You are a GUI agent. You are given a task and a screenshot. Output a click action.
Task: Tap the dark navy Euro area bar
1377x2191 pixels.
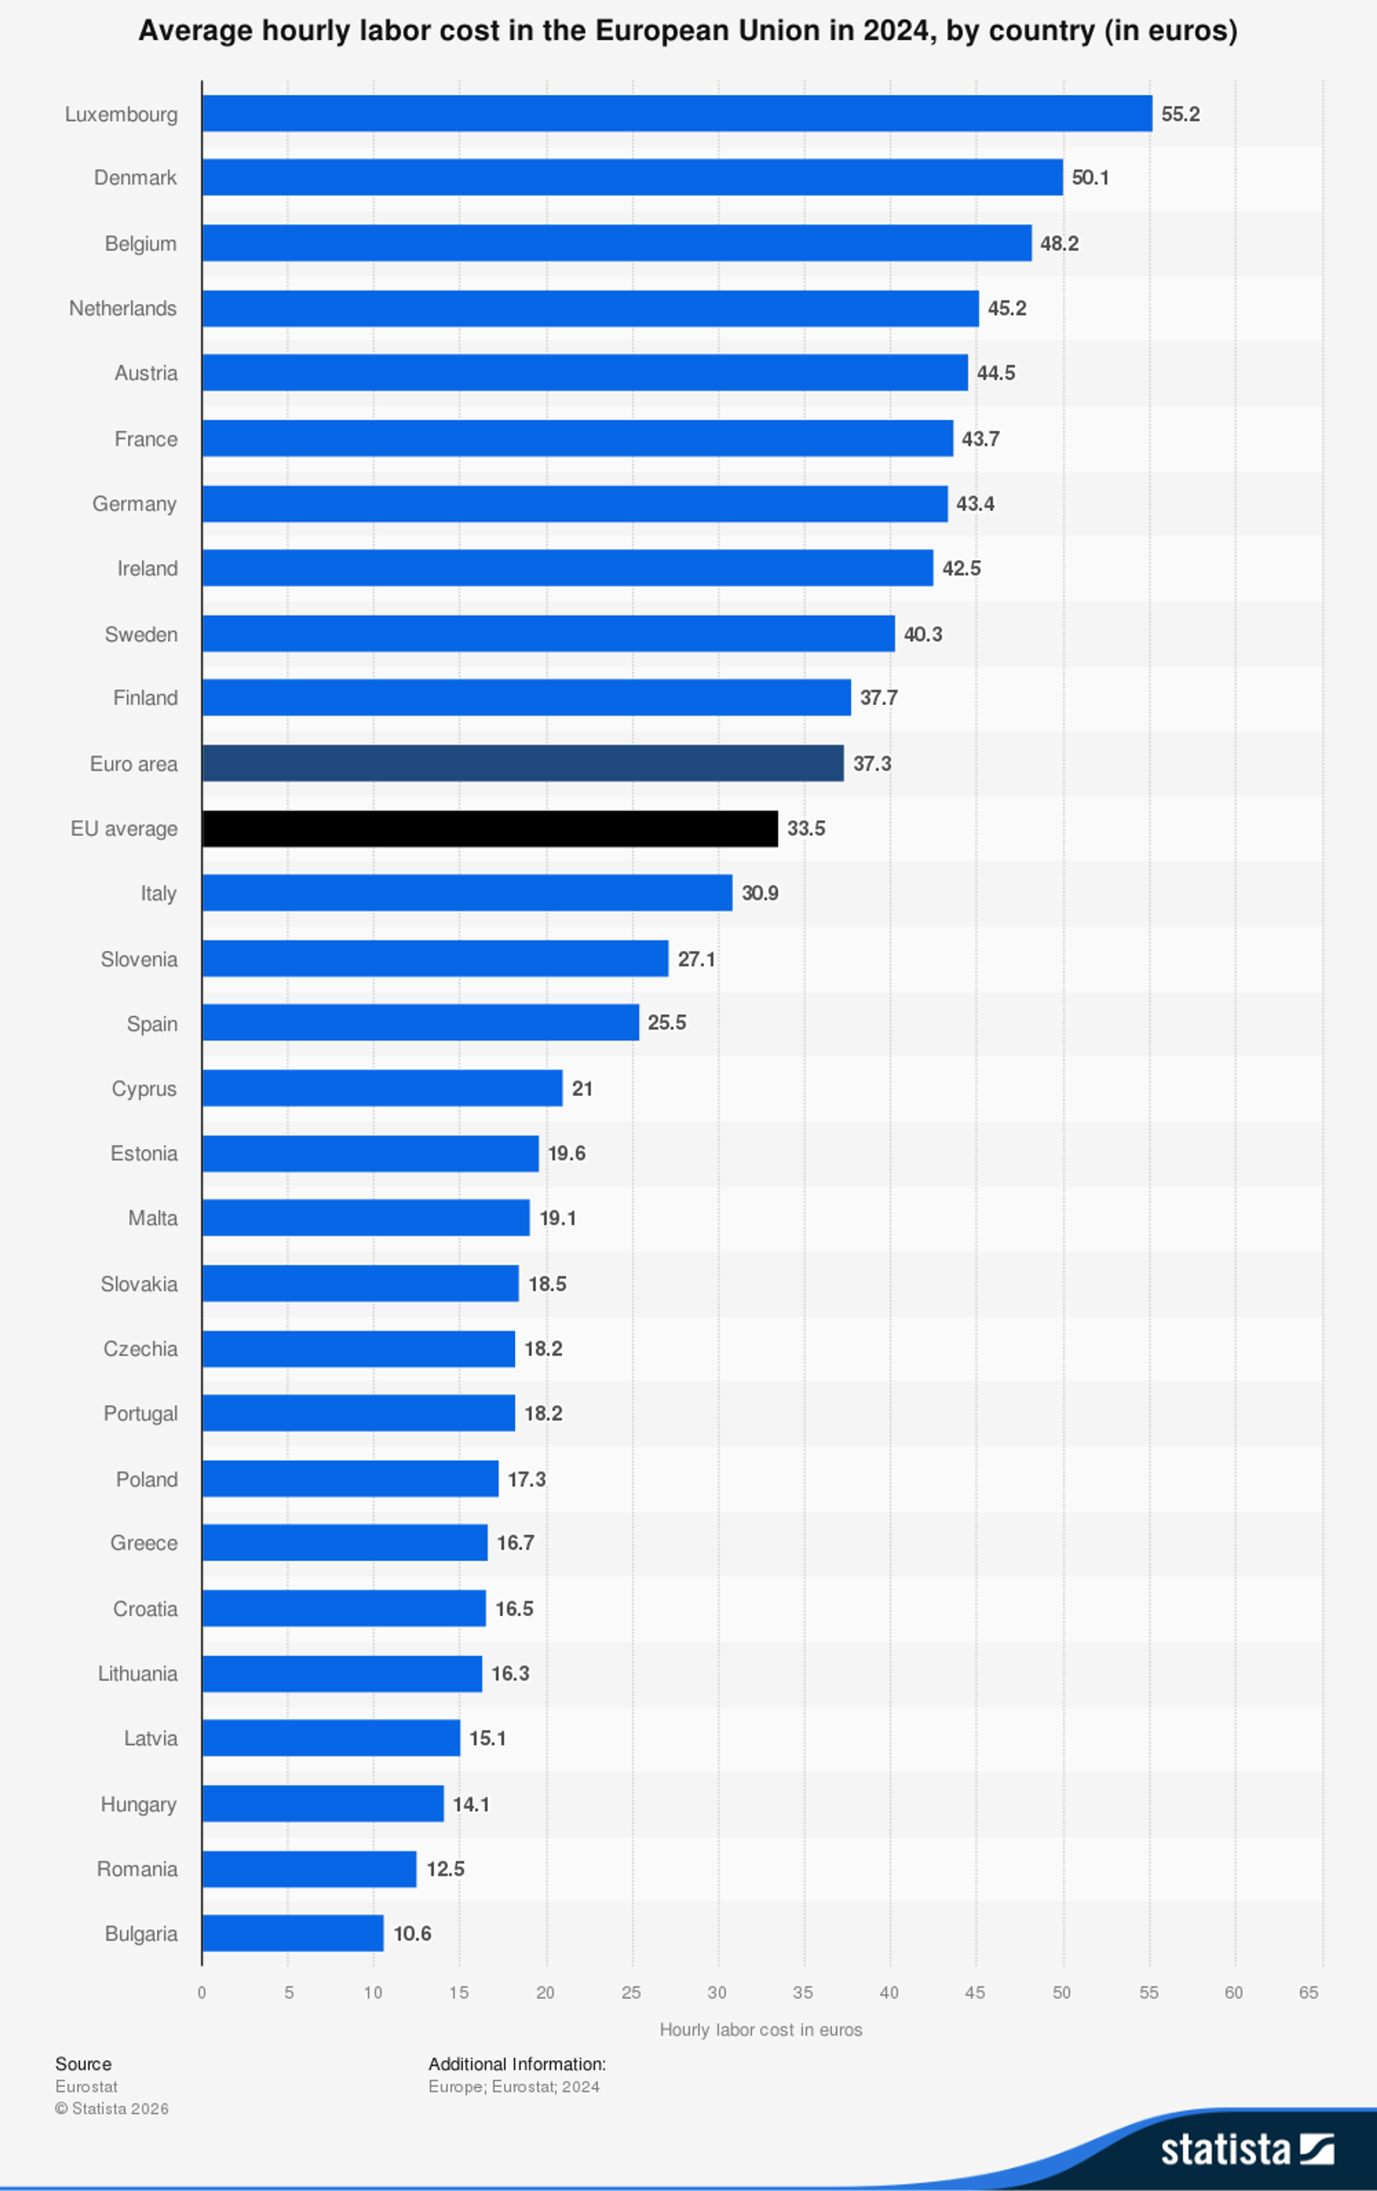522,763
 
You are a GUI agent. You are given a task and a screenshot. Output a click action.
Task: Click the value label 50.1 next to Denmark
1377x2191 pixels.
1089,177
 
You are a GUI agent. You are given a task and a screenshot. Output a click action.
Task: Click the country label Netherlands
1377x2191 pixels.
123,309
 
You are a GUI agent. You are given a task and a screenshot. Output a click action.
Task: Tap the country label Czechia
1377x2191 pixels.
140,1348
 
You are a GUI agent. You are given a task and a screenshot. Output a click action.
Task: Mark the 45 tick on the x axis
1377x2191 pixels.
975,1993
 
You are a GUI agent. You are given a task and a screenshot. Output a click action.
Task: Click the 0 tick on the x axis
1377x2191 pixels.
202,1993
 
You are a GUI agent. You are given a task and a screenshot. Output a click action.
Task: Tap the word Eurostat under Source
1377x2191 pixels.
86,2086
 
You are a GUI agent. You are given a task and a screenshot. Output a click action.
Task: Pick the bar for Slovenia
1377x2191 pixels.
435,958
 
